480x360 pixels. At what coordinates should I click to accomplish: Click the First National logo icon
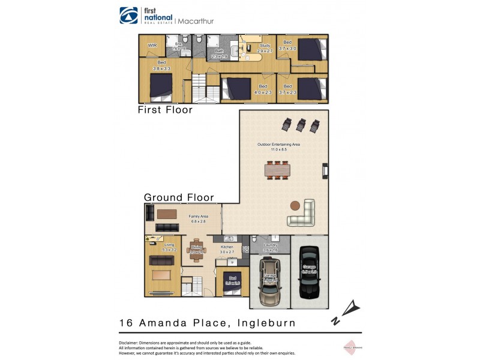pos(129,16)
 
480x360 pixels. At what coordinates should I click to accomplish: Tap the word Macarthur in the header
pos(196,21)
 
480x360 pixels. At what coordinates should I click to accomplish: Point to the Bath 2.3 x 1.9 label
pos(220,54)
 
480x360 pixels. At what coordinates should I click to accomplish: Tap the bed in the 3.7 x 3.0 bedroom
pos(311,48)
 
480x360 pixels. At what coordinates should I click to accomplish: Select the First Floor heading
pos(165,110)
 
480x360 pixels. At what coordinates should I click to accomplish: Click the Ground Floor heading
pos(179,197)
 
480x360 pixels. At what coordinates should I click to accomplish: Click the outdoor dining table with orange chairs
pos(277,170)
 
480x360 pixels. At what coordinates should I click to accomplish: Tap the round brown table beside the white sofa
pos(295,205)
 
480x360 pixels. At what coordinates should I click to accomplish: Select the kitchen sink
pos(229,239)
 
